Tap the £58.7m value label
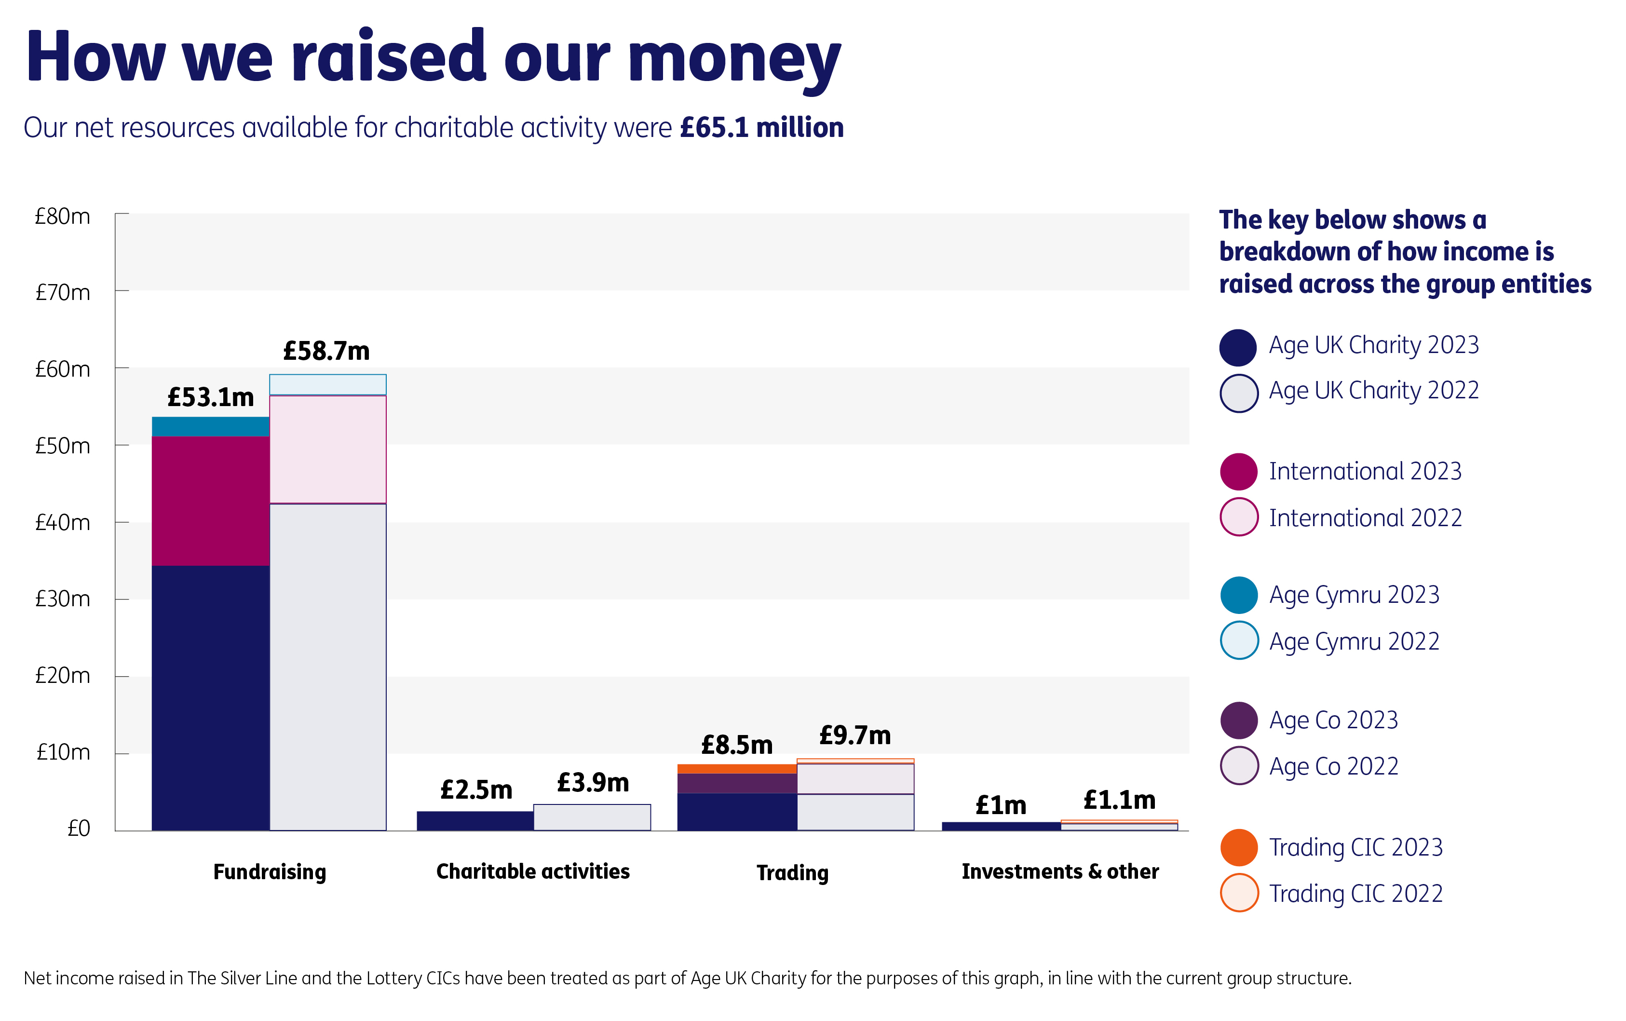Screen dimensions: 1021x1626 (326, 351)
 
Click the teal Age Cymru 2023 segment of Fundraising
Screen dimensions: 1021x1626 (211, 427)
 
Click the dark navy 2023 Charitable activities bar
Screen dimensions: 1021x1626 (475, 820)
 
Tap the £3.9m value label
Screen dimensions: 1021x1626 (593, 783)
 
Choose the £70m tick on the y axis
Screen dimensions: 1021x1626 (62, 292)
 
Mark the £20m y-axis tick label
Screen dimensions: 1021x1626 (62, 675)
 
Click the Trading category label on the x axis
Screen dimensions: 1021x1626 (792, 872)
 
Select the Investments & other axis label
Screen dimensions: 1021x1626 (1060, 872)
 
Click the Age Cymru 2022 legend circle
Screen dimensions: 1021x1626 (1239, 640)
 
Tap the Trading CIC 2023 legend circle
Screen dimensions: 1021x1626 (1239, 847)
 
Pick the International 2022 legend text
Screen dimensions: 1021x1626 (1365, 518)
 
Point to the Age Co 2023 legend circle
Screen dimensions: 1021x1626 (1239, 720)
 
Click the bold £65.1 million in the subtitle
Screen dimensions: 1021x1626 (761, 128)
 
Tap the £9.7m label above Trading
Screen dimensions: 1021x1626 (854, 735)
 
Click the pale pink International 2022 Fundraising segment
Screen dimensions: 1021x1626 (328, 449)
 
